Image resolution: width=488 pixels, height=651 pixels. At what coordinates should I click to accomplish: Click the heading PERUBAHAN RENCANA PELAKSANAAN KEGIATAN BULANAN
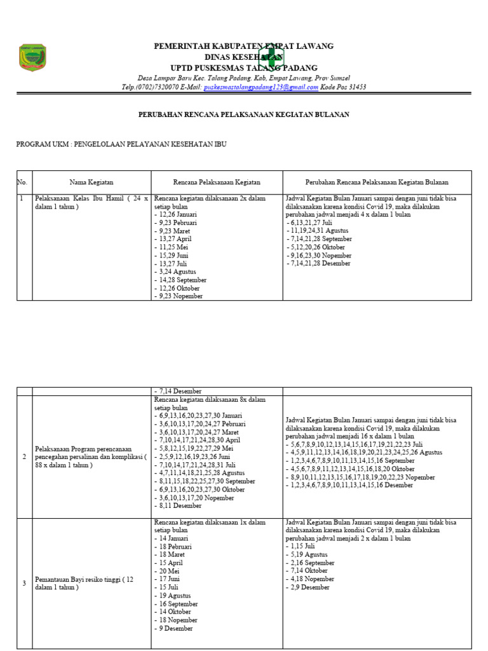(244, 114)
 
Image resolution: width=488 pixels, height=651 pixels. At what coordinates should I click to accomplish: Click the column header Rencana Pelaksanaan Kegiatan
(217, 182)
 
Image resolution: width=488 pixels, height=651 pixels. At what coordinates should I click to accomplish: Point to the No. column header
(23, 182)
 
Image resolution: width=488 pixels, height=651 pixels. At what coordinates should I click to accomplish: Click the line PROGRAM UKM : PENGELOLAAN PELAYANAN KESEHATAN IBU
(121, 144)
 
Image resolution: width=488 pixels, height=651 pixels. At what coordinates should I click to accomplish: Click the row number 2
(24, 456)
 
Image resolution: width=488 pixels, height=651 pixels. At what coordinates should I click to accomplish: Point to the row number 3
(24, 583)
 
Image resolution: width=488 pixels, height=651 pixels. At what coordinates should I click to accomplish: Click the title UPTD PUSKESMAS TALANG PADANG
(244, 67)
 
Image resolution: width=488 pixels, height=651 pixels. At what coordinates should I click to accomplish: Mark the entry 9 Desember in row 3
(175, 629)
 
